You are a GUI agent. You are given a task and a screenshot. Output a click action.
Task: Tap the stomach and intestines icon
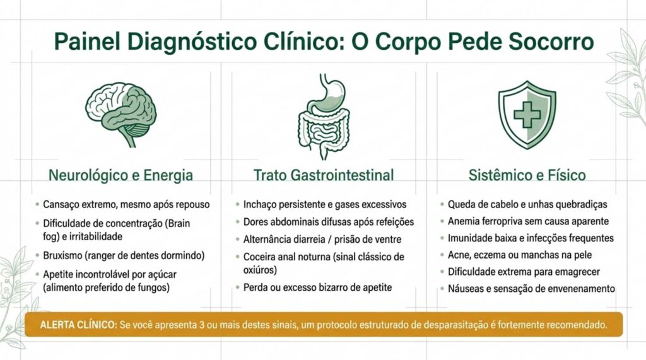322,116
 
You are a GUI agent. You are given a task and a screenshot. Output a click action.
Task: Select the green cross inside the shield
527,114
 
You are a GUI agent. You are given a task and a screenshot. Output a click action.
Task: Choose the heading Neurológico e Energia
121,175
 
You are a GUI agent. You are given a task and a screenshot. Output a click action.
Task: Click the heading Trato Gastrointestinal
323,175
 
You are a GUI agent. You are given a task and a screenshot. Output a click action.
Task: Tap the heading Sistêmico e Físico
527,175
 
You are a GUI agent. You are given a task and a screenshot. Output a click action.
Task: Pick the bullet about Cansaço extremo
126,205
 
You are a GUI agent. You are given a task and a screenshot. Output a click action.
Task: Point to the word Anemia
464,221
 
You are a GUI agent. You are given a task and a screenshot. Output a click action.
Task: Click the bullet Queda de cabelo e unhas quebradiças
527,205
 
